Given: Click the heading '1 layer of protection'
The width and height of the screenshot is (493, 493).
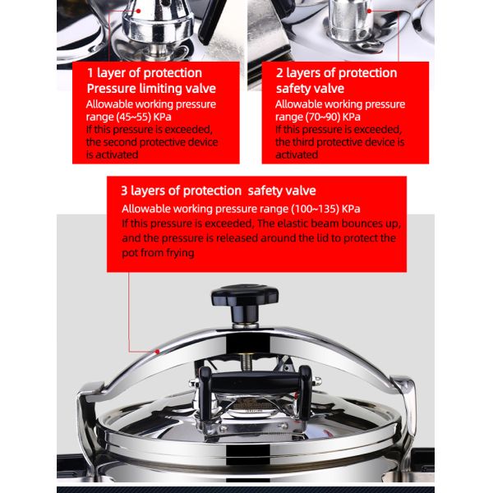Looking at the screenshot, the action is pos(145,73).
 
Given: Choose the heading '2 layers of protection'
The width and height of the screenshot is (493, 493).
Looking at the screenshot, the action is pos(336,73).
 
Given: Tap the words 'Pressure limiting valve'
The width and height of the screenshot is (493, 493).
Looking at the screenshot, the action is pos(151,89).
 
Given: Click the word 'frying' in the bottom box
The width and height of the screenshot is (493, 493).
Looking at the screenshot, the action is pos(180,253).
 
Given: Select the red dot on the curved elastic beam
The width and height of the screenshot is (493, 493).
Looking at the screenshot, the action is pos(158,352).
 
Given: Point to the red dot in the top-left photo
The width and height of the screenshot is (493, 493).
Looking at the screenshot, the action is pos(138,11).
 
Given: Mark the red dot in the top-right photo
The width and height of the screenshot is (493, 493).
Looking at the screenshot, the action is pos(369,11).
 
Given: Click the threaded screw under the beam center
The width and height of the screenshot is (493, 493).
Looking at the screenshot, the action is pos(243,362).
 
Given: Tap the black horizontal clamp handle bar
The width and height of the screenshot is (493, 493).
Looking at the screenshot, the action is pos(255,380).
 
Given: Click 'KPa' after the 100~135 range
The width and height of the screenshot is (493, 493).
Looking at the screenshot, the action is pos(351,209).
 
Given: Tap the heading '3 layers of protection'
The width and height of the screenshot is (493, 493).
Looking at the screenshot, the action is pos(181,191).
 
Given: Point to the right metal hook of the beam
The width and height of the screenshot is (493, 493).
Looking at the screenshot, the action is pos(406,406).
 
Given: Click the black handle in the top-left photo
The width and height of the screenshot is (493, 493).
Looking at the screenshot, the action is pos(211,21).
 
